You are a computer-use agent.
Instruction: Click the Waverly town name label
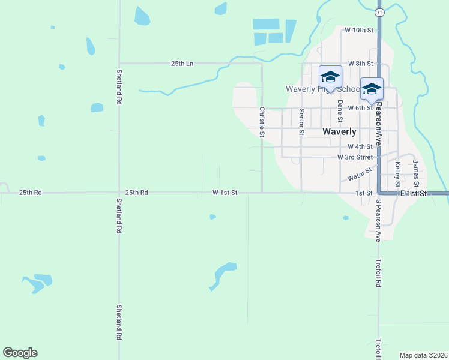(x=339, y=131)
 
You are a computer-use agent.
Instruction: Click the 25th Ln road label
(x=182, y=63)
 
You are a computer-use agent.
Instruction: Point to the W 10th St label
(x=359, y=30)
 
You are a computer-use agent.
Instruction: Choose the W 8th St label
(x=360, y=63)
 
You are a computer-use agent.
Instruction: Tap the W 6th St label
(x=360, y=108)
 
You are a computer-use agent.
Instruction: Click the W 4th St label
(x=360, y=146)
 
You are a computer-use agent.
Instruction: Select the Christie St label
(x=261, y=122)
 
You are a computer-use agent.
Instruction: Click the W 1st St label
(x=225, y=193)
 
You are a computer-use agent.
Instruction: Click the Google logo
(x=20, y=353)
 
